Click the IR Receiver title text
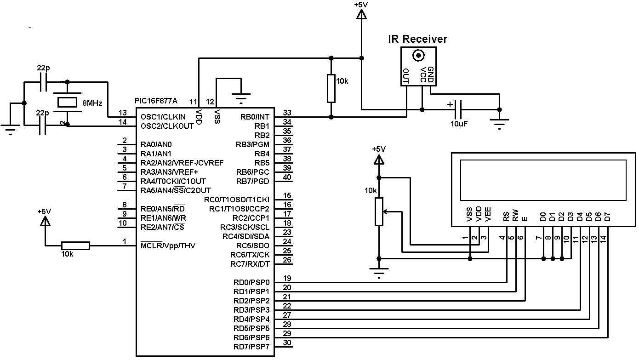pos(417,40)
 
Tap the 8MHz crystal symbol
pos(67,103)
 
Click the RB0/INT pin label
pos(255,117)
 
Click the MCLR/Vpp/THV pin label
pos(168,246)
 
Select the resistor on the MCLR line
pos(75,246)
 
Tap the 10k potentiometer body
pos(379,212)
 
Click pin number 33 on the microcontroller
pos(287,113)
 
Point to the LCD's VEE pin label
pos(488,216)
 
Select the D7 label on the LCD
pos(607,217)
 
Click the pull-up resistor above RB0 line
pos(331,88)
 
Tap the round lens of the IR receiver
pos(418,56)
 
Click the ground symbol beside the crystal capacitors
pos(10,130)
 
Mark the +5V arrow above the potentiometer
pos(379,160)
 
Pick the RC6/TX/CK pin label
pos(250,255)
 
